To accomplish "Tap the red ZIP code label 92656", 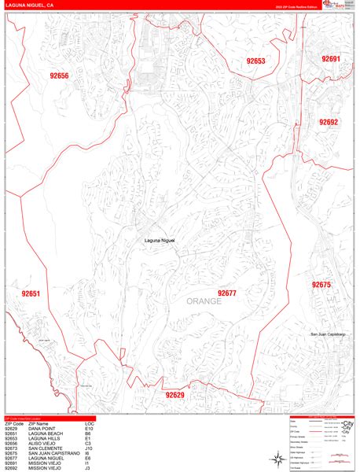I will (60, 76).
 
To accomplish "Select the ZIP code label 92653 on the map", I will (255, 61).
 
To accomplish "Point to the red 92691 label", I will (331, 59).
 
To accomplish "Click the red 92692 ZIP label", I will (329, 122).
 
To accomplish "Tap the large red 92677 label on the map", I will (228, 293).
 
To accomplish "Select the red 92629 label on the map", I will (174, 395).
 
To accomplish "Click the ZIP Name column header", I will (39, 424).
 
